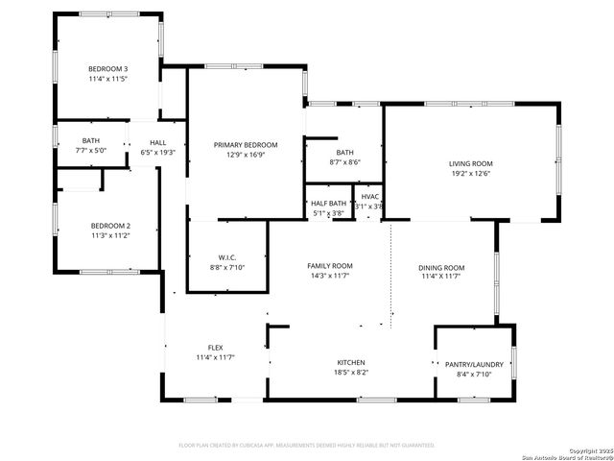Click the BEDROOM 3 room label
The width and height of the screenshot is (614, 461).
click(x=107, y=69)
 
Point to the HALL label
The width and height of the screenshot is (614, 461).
click(x=158, y=142)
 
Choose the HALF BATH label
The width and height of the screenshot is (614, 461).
click(x=328, y=204)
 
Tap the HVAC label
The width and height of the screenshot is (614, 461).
click(x=369, y=197)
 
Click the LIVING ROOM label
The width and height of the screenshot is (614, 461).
click(x=470, y=163)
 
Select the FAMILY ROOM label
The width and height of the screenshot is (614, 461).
click(x=329, y=266)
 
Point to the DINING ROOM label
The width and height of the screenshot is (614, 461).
click(x=442, y=267)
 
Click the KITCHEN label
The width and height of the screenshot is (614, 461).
click(x=350, y=362)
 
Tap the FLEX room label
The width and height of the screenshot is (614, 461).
click(x=216, y=348)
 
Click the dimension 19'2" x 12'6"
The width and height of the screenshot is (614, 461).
click(x=470, y=174)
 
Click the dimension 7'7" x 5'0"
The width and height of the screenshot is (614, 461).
click(x=91, y=151)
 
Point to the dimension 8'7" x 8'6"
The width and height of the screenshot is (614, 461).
click(x=344, y=162)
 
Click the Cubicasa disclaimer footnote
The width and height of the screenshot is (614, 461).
click(x=307, y=445)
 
